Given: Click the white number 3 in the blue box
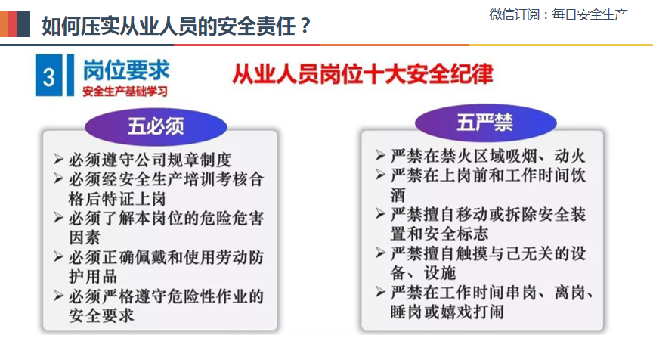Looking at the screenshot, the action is click(x=48, y=77).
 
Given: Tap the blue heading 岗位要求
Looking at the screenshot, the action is click(x=126, y=70).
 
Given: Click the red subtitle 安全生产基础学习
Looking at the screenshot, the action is click(x=125, y=92).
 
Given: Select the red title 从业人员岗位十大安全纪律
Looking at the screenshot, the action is click(x=362, y=74).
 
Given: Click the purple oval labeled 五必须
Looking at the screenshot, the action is click(x=156, y=126).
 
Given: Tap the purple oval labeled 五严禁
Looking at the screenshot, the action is click(x=485, y=123).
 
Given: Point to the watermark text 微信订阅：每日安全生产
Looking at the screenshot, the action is click(x=559, y=14).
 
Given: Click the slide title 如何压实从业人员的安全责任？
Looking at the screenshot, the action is click(x=176, y=26).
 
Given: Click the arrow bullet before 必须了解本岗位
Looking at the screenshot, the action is click(x=59, y=218).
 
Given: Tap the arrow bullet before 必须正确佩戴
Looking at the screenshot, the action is click(x=59, y=256).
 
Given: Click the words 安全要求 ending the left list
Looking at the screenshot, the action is click(x=101, y=316).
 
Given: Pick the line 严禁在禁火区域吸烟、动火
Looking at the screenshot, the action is click(x=487, y=157).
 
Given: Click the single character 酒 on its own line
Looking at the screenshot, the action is click(x=398, y=195).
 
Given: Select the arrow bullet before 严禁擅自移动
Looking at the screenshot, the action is click(x=380, y=214).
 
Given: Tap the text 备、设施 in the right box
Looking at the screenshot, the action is click(x=423, y=273).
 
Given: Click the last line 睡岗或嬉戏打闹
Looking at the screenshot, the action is click(x=447, y=312).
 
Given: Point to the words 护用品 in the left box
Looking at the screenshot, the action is click(x=93, y=277).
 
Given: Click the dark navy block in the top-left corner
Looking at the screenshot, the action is click(x=23, y=24).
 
